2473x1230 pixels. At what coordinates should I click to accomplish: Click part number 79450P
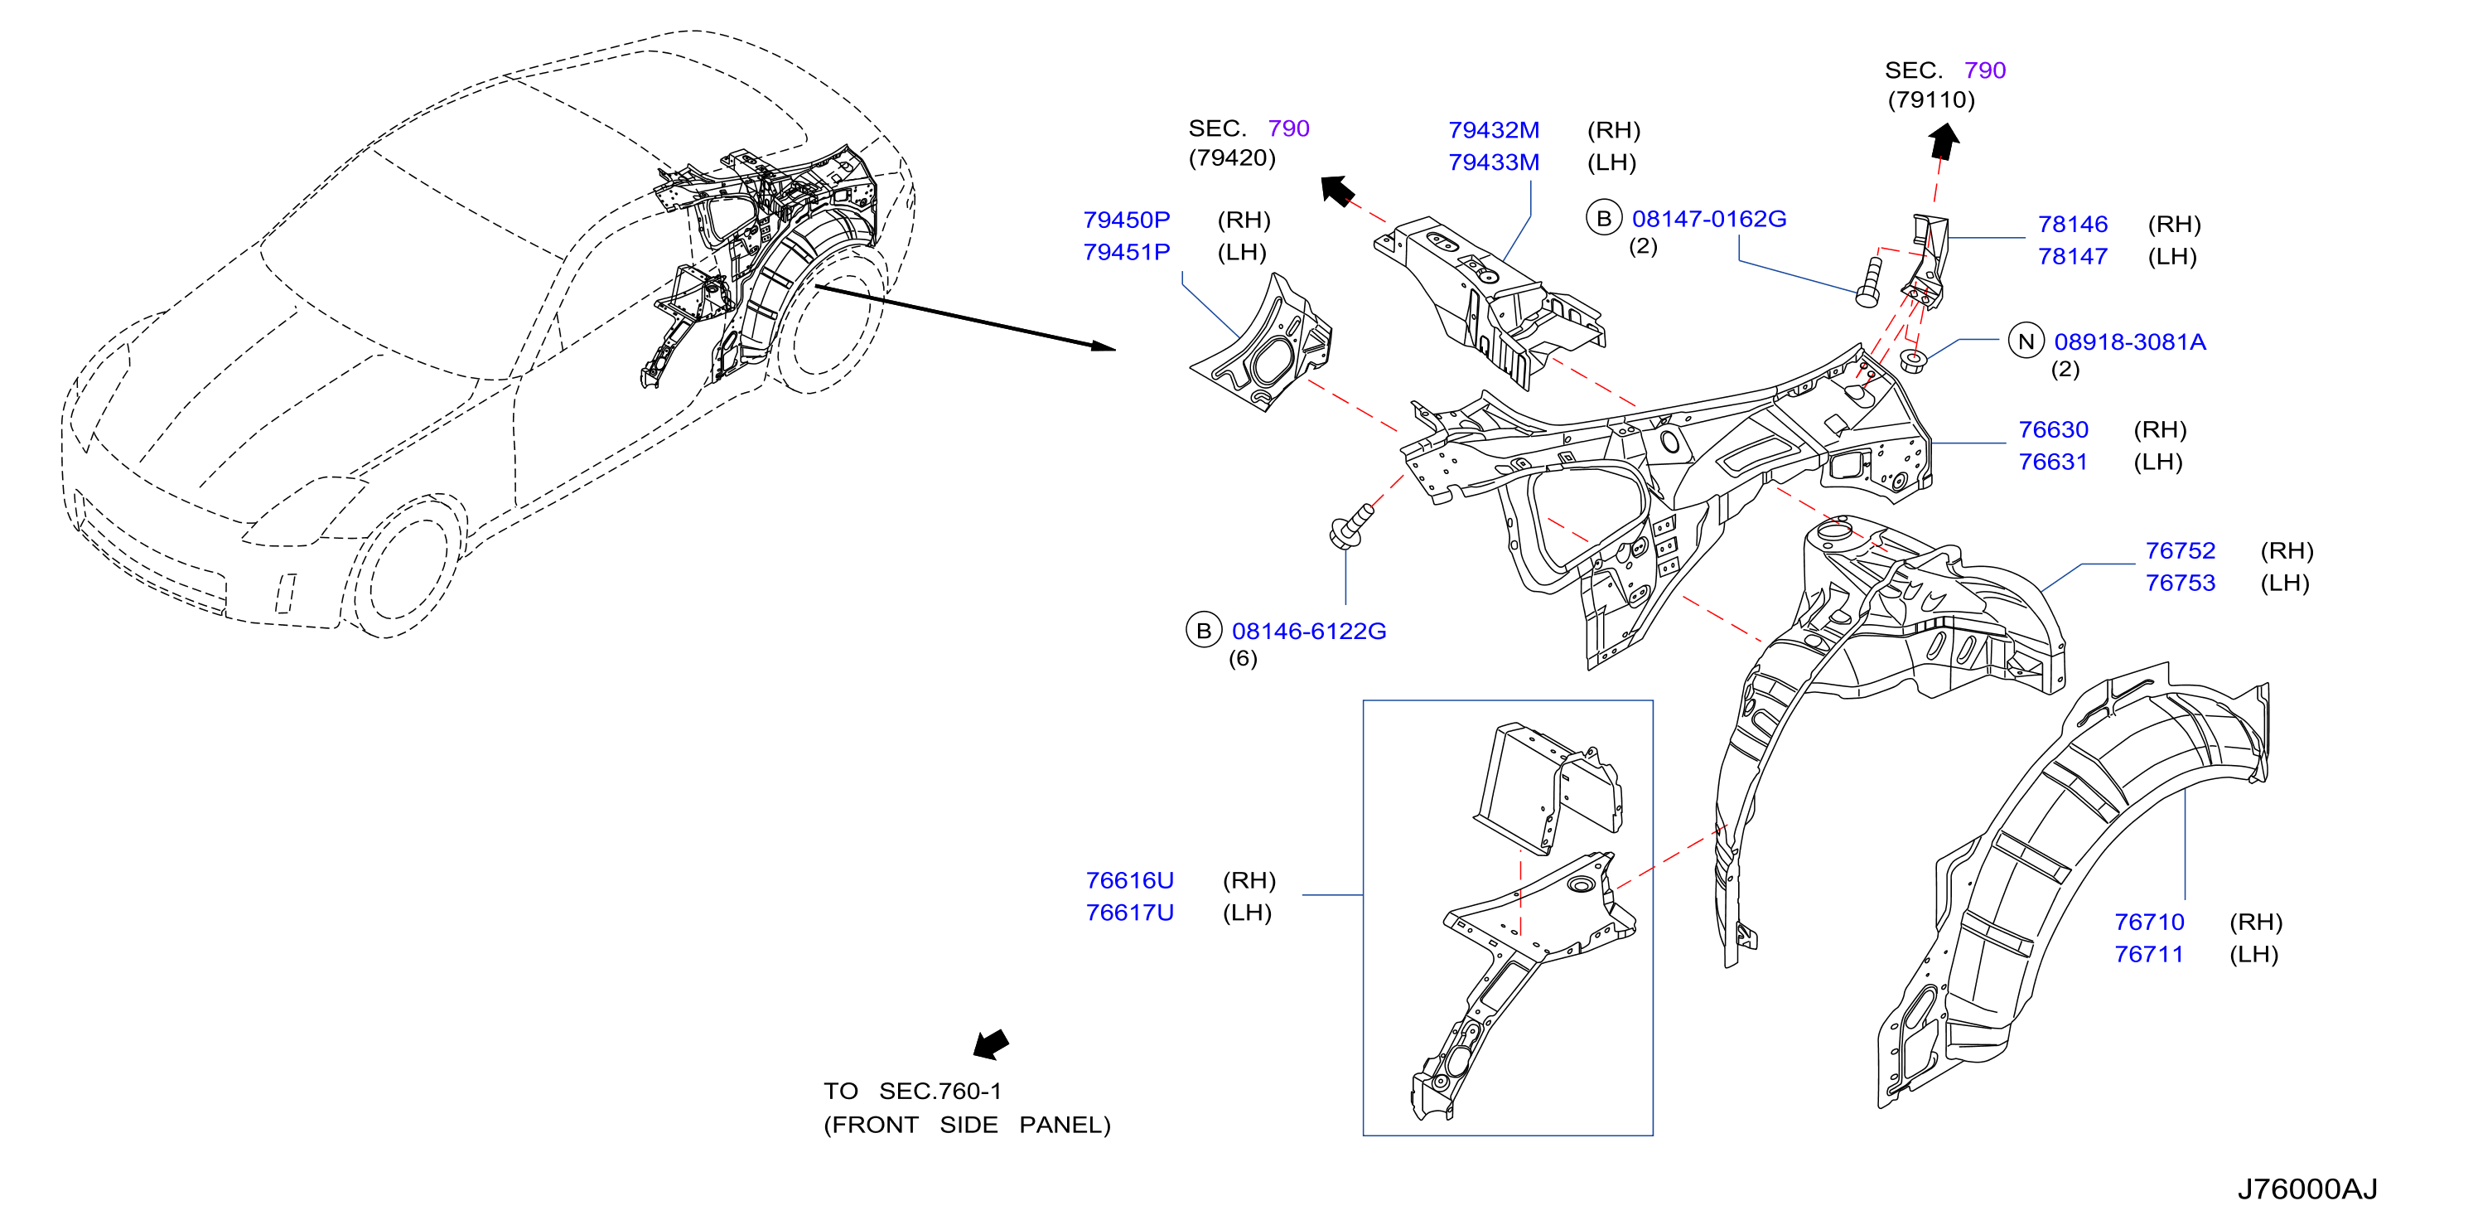pyautogui.click(x=1126, y=220)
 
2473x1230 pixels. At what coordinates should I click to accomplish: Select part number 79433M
pyautogui.click(x=1494, y=162)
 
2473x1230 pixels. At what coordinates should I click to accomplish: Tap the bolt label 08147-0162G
pyautogui.click(x=1709, y=219)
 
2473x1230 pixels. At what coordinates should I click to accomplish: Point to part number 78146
pyautogui.click(x=2073, y=225)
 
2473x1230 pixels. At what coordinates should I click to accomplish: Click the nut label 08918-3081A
pyautogui.click(x=2129, y=341)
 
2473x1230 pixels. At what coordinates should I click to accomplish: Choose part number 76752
pyautogui.click(x=2181, y=551)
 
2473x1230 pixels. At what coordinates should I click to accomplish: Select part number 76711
pyautogui.click(x=2148, y=955)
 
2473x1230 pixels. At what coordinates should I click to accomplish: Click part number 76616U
pyautogui.click(x=1129, y=880)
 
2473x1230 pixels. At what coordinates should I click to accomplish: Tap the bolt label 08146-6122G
pyautogui.click(x=1308, y=631)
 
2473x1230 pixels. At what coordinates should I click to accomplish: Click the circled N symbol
pyautogui.click(x=2026, y=341)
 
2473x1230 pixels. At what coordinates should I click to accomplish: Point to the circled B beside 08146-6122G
pyautogui.click(x=1204, y=631)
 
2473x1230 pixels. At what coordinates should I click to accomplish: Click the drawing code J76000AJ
pyautogui.click(x=2307, y=1189)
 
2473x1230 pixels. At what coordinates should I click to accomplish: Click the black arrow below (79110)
pyautogui.click(x=1944, y=141)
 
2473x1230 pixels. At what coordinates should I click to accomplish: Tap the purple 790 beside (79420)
pyautogui.click(x=1288, y=128)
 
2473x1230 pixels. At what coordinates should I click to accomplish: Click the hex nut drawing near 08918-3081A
pyautogui.click(x=1913, y=362)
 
